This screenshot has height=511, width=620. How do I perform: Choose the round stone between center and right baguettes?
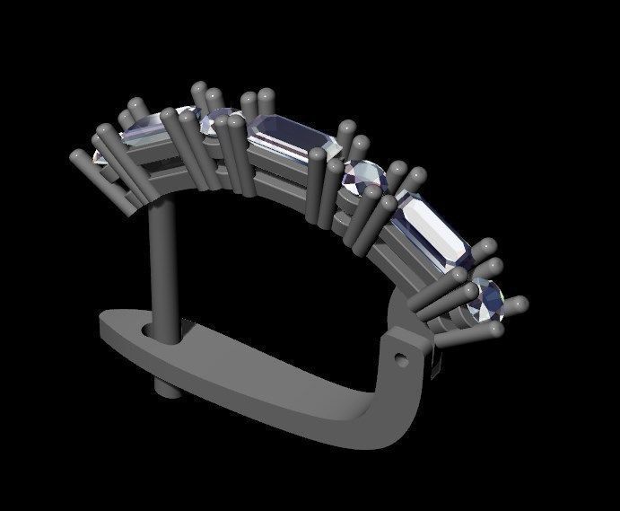364,177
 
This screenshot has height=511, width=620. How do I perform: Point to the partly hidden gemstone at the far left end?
99,157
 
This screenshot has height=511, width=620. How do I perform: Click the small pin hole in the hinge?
401,358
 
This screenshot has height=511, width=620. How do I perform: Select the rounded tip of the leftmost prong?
75,156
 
